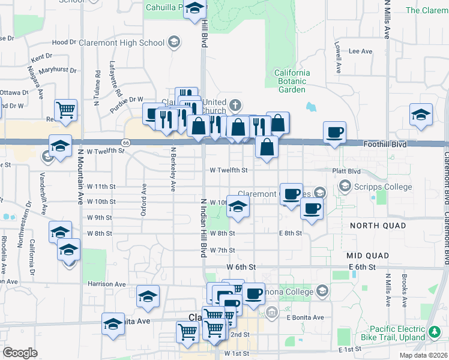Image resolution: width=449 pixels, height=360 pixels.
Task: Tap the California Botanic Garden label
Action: click(x=292, y=82)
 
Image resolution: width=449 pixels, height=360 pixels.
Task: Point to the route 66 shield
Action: click(x=125, y=143)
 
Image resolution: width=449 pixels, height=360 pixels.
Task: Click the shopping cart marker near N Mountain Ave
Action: click(x=65, y=110)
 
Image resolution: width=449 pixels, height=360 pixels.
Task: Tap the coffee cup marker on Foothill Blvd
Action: click(x=334, y=132)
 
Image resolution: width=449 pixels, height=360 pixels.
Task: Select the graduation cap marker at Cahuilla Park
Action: click(x=194, y=9)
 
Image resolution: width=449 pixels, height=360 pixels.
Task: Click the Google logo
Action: click(x=20, y=352)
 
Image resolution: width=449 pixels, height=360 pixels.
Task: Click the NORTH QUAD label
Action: click(x=377, y=226)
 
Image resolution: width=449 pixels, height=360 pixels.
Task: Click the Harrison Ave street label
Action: click(x=106, y=284)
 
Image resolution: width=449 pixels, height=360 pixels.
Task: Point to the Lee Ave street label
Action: click(x=361, y=52)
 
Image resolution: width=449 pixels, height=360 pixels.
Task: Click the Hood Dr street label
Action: click(x=64, y=43)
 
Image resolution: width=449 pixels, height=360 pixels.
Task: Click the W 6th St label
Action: click(x=241, y=266)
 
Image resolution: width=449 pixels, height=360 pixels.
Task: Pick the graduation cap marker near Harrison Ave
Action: click(x=148, y=296)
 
